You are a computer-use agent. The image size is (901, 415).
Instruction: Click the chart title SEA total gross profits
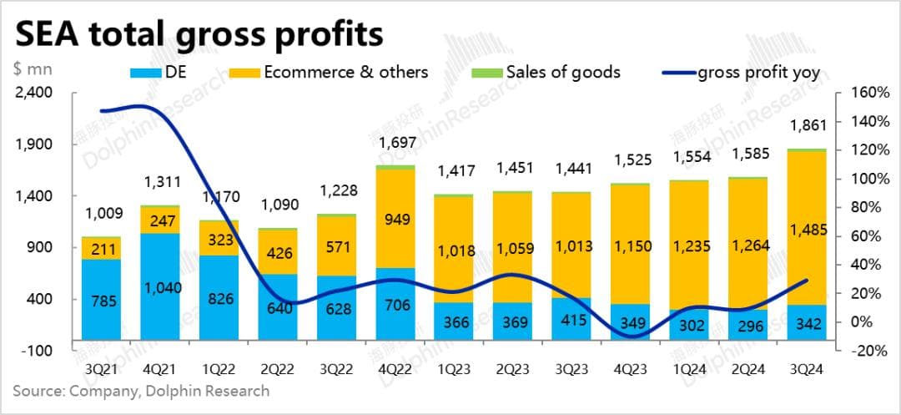tap(200, 35)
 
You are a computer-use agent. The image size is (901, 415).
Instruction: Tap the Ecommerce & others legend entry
tap(345, 73)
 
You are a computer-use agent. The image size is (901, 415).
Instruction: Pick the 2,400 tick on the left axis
tap(34, 92)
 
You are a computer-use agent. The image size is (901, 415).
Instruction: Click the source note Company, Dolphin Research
tap(141, 391)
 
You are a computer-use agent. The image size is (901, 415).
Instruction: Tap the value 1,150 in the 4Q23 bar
tap(630, 246)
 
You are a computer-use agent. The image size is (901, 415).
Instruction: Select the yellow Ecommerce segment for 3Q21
tap(100, 248)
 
